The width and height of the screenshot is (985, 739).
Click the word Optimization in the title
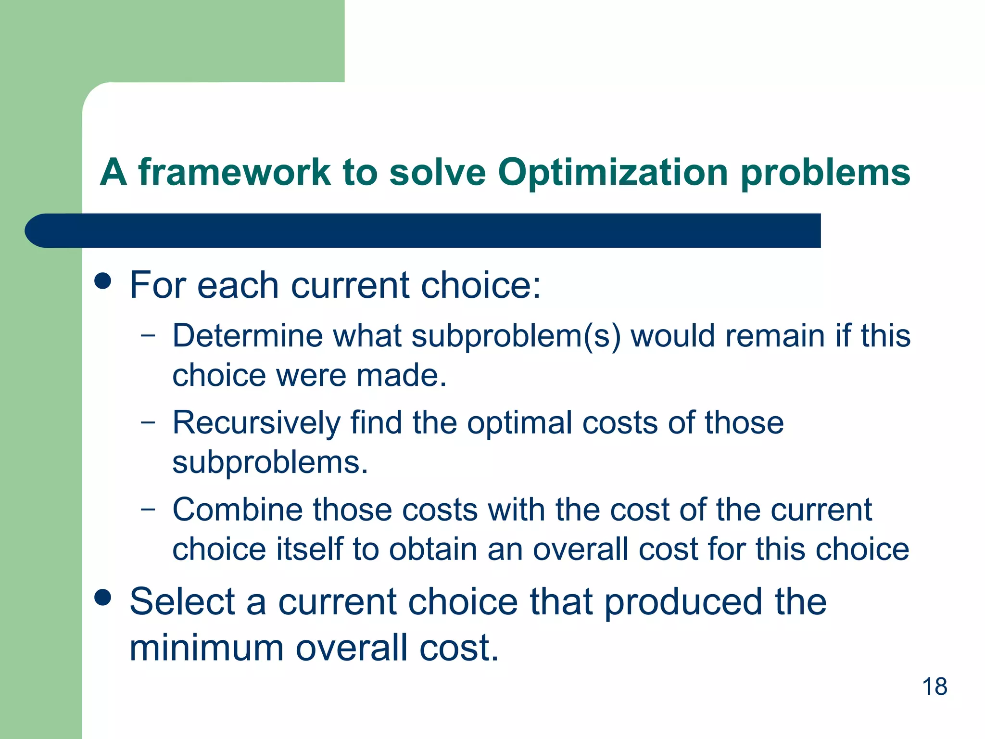point(613,172)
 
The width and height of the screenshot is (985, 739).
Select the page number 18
point(934,687)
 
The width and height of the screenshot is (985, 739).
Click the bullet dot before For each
point(103,281)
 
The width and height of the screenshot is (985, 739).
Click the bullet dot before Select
point(103,598)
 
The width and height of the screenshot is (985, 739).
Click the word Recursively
point(256,423)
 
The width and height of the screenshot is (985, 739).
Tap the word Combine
point(238,510)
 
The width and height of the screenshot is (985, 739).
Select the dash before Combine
point(148,510)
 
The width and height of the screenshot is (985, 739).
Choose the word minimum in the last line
point(206,648)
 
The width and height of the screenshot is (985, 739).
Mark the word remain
point(775,335)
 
